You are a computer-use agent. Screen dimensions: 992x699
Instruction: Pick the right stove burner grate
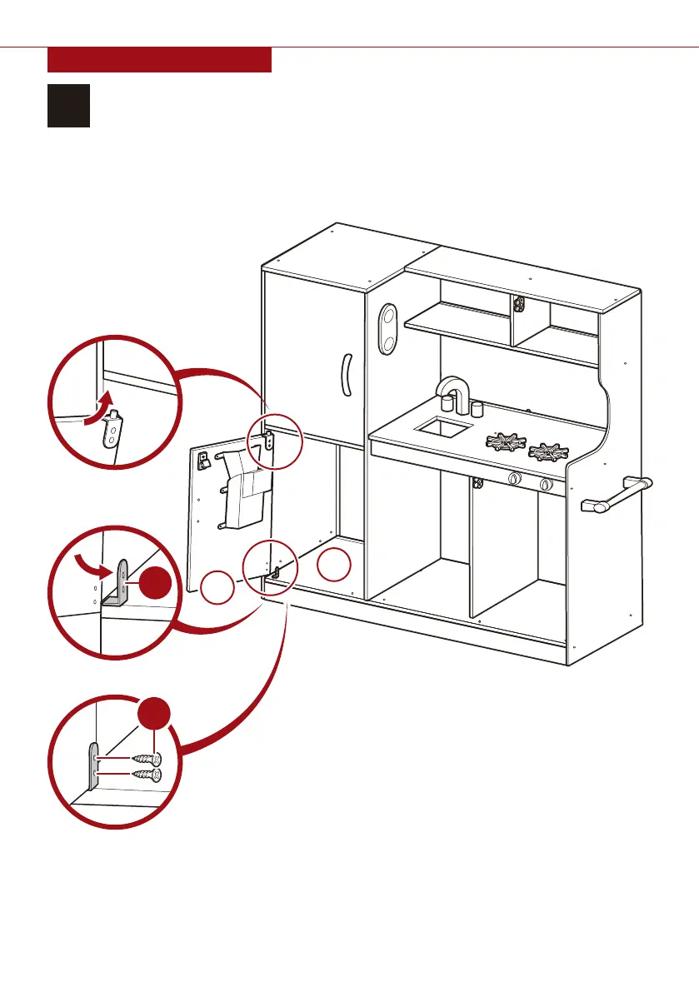550,452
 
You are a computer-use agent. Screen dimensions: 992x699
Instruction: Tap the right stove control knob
546,485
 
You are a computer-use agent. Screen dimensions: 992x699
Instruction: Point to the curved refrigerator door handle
346,376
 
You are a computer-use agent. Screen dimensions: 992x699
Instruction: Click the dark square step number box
68,105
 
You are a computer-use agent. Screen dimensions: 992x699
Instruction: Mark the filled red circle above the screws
154,719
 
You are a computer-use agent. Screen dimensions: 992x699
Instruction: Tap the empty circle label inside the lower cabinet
335,566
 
